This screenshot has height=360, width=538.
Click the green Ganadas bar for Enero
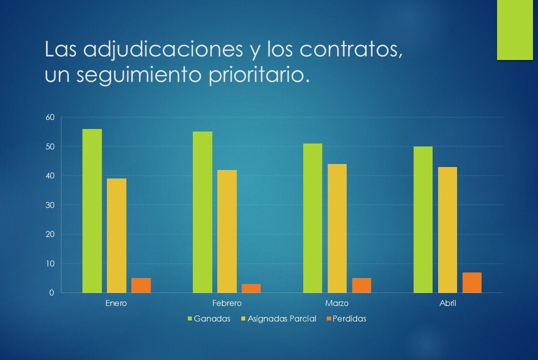pos(92,210)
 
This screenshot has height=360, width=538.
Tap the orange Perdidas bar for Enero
pos(141,285)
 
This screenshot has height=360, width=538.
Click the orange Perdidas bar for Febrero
pos(251,288)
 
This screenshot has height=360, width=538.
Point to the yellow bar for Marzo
pos(337,228)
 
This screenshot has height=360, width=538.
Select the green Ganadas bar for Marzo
pos(313,218)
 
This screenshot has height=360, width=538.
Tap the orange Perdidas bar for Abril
pos(472,282)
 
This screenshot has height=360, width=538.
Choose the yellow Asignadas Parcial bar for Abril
pos(448,230)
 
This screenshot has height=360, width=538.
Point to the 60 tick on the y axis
pos(49,117)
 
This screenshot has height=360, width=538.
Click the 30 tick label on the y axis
pos(49,205)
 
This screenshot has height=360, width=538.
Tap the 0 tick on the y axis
pos(51,293)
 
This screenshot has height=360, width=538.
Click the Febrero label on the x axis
pos(226,303)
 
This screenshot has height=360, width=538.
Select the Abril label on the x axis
pos(448,303)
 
